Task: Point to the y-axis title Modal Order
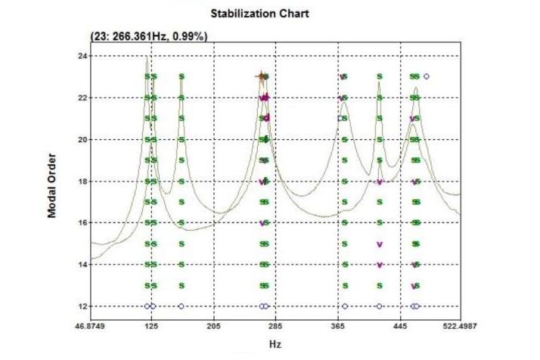[x=52, y=181]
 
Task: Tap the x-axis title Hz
[x=276, y=344]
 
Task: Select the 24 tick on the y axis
[x=82, y=56]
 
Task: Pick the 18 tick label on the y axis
[x=82, y=182]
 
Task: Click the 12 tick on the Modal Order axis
[x=82, y=306]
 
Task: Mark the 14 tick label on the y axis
[x=82, y=265]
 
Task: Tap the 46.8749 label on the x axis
[x=92, y=324]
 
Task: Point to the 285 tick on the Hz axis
[x=276, y=324]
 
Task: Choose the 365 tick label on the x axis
[x=337, y=324]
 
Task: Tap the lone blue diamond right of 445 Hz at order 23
[x=427, y=76]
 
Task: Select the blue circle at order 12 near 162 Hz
[x=182, y=306]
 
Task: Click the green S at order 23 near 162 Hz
[x=182, y=76]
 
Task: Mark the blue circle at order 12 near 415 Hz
[x=379, y=306]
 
